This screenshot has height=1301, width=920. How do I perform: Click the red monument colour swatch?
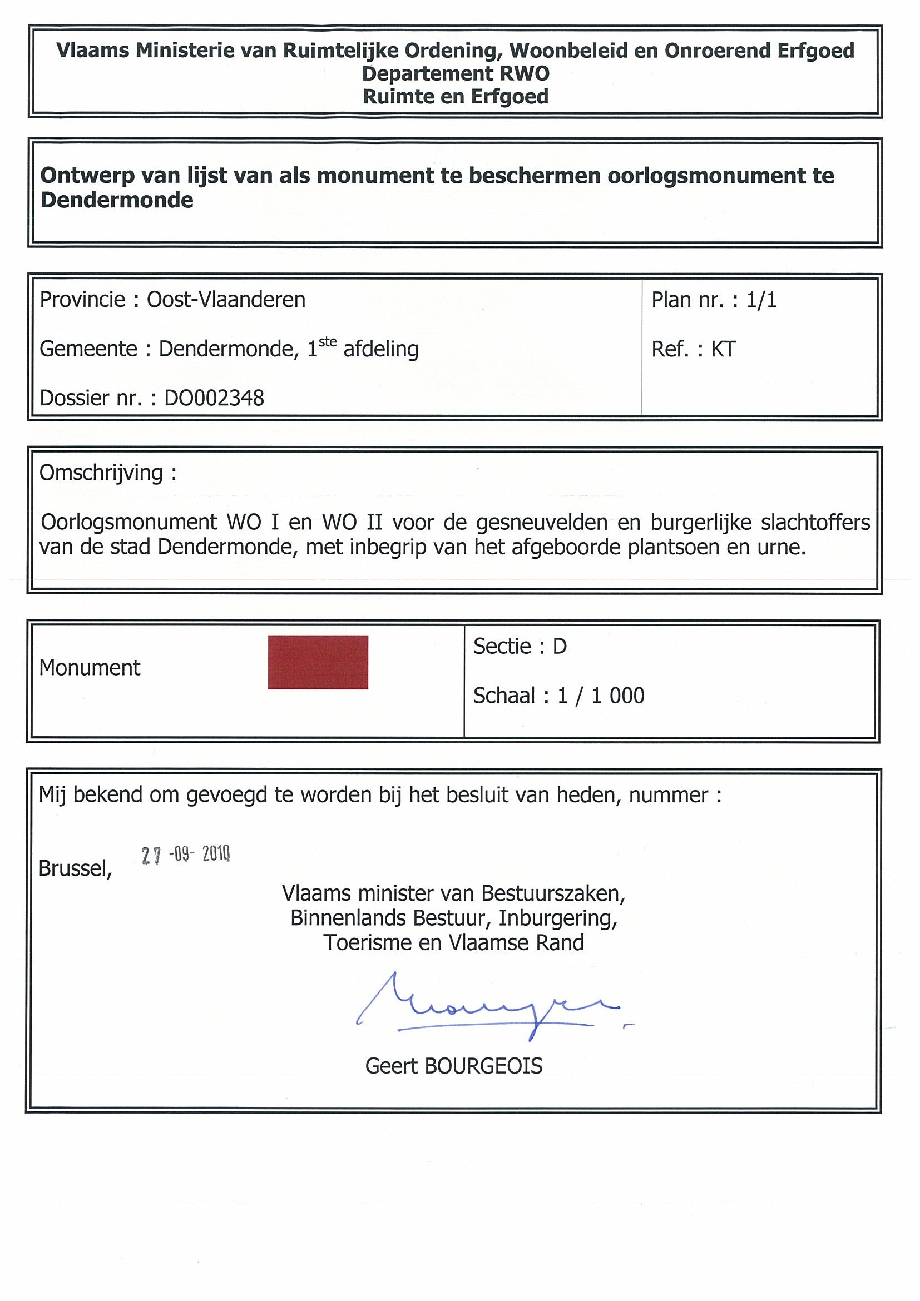(318, 662)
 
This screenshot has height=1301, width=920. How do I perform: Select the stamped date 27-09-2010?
(185, 855)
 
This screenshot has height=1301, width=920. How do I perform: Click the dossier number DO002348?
(214, 398)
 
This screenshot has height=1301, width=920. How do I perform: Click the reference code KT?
(723, 349)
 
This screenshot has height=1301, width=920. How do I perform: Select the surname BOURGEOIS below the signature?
(483, 1066)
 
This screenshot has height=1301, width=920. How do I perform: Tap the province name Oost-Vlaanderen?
(226, 300)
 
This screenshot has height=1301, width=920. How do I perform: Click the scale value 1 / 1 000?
(601, 696)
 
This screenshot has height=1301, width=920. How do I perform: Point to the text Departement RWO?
(456, 73)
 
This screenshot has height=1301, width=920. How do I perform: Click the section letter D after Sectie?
(560, 647)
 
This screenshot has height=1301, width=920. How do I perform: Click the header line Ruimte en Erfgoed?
(456, 97)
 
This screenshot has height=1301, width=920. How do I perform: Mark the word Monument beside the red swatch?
(90, 668)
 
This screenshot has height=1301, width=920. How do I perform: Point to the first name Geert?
(390, 1066)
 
